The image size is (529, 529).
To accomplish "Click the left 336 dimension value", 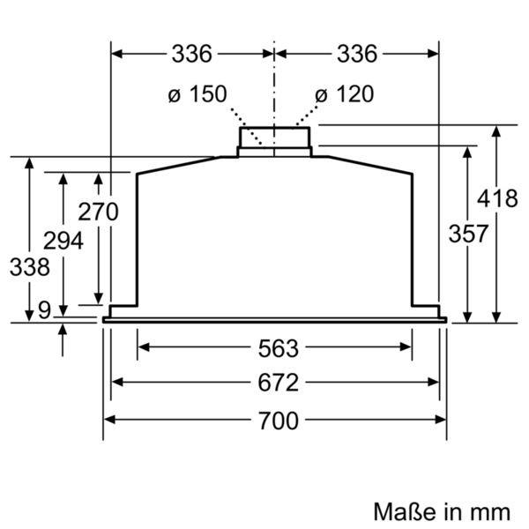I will click(191, 54).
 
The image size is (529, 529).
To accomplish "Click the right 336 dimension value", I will click(356, 54).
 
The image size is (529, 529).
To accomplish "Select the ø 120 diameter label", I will click(344, 94).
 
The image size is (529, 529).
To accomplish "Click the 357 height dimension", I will click(468, 234).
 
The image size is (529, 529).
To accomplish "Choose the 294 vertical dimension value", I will click(63, 240).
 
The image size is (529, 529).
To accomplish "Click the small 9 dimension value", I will click(44, 309).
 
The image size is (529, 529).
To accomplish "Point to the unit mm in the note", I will click(489, 510).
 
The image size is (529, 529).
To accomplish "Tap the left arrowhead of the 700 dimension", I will click(110, 420).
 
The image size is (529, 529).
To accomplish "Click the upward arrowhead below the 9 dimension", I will click(63, 329).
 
